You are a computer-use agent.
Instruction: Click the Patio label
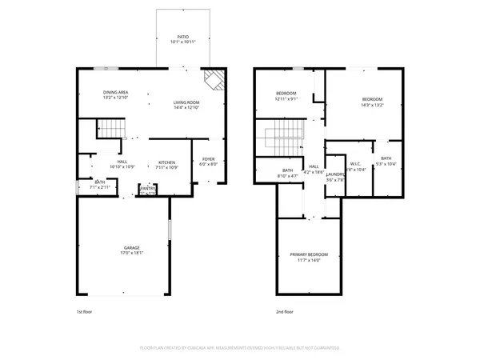coord(182,36)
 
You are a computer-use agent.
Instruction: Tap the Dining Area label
coord(115,93)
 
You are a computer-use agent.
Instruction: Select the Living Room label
coord(186,102)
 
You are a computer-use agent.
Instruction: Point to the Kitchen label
coord(166,161)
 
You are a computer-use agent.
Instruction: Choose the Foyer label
coord(208,158)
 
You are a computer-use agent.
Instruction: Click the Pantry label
coord(147,188)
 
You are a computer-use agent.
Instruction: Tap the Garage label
coord(131,247)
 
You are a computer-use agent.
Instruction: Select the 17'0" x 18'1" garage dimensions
coord(131,253)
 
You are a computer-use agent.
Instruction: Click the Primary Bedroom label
coord(309,254)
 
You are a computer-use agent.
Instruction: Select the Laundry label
coord(335,174)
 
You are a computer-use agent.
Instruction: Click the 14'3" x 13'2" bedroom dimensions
coord(372,105)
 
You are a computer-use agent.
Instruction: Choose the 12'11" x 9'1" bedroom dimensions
coord(286,99)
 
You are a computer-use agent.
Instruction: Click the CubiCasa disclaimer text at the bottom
coord(239,348)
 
